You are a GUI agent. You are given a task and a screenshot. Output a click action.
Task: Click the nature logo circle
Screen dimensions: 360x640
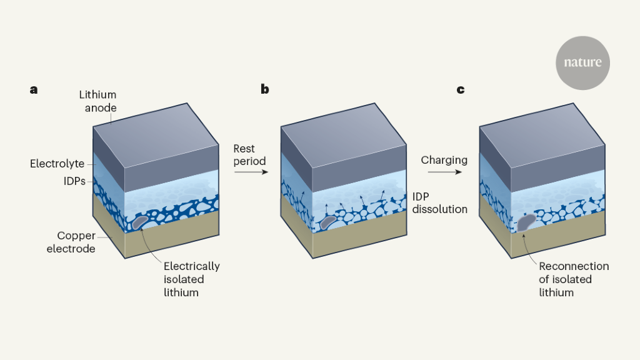582,62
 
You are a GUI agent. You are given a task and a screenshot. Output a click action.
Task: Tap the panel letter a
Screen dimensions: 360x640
34,89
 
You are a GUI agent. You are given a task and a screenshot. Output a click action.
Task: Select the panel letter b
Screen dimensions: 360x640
265,89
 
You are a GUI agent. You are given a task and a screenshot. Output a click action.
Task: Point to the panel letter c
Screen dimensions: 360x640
461,89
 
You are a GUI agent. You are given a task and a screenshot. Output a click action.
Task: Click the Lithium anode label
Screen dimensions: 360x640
97,101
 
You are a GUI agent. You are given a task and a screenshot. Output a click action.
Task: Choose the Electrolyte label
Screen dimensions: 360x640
57,164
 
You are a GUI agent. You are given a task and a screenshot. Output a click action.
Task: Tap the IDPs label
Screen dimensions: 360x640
72,181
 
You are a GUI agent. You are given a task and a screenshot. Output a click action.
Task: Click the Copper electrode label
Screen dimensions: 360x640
76,242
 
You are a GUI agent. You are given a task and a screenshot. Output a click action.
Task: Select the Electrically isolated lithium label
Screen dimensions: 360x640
191,279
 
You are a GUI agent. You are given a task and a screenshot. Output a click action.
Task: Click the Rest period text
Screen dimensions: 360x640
249,155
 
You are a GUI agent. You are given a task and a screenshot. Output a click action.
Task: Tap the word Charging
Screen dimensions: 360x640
444,160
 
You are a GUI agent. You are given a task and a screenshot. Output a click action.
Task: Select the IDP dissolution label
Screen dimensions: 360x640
439,202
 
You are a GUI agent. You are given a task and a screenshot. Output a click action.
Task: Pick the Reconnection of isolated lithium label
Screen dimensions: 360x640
573,279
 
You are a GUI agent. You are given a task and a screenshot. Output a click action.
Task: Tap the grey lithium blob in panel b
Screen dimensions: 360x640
329,219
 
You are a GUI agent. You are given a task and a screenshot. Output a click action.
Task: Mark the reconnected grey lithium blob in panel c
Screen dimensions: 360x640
526,222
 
